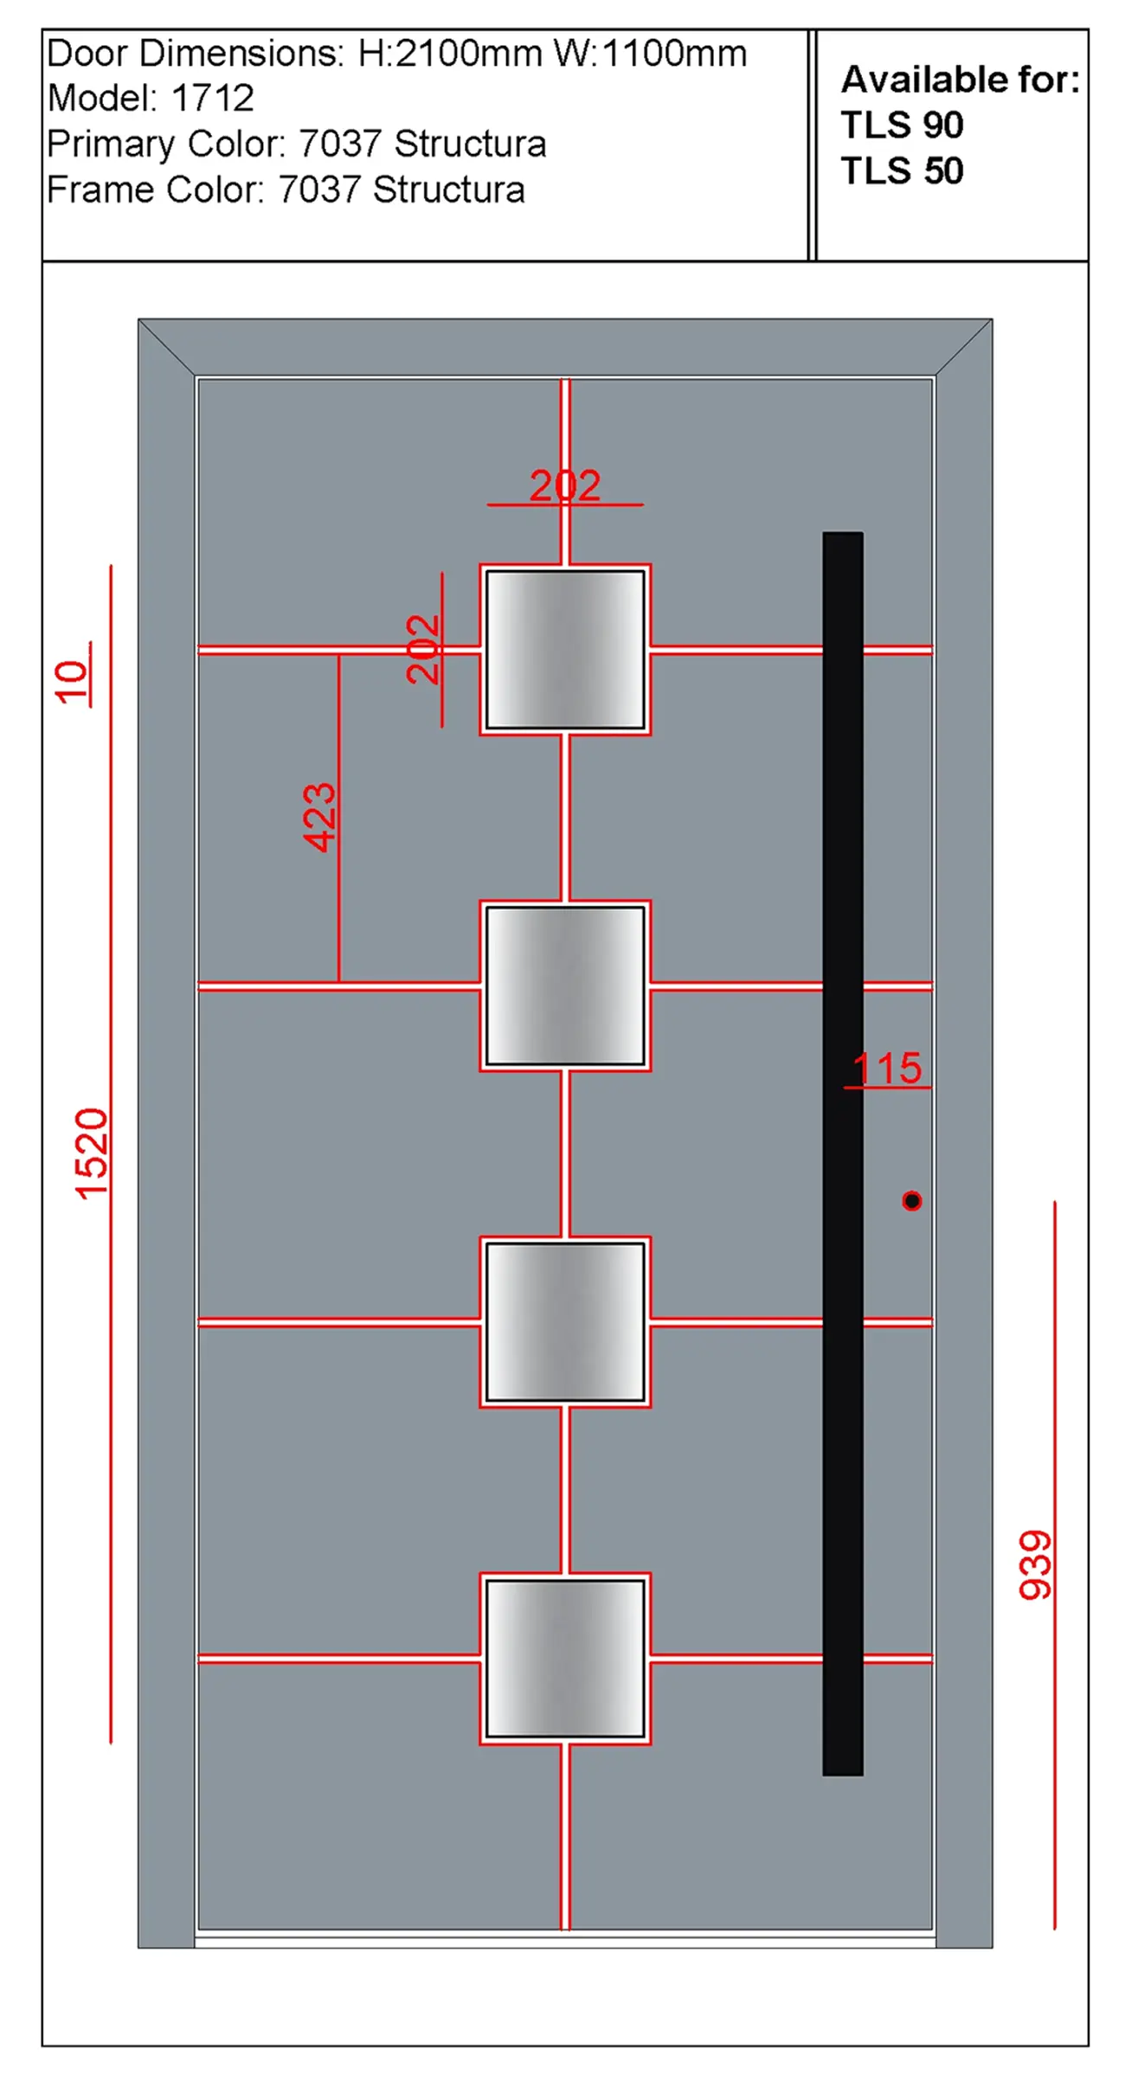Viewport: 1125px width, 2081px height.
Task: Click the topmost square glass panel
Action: tap(565, 649)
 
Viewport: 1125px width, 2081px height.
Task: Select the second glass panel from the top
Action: tap(565, 986)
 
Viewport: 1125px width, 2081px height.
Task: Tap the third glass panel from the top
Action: tap(565, 1321)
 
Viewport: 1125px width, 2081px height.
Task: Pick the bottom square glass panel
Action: tap(565, 1658)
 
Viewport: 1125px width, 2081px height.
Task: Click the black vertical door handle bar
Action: tap(843, 1153)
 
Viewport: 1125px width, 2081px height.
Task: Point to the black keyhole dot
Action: tap(912, 1200)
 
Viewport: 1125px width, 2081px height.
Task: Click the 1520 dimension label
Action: tap(92, 1153)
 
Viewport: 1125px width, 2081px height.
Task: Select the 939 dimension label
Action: tap(1035, 1564)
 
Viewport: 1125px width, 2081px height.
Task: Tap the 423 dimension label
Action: tap(319, 817)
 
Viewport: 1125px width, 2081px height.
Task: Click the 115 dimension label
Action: tap(888, 1069)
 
